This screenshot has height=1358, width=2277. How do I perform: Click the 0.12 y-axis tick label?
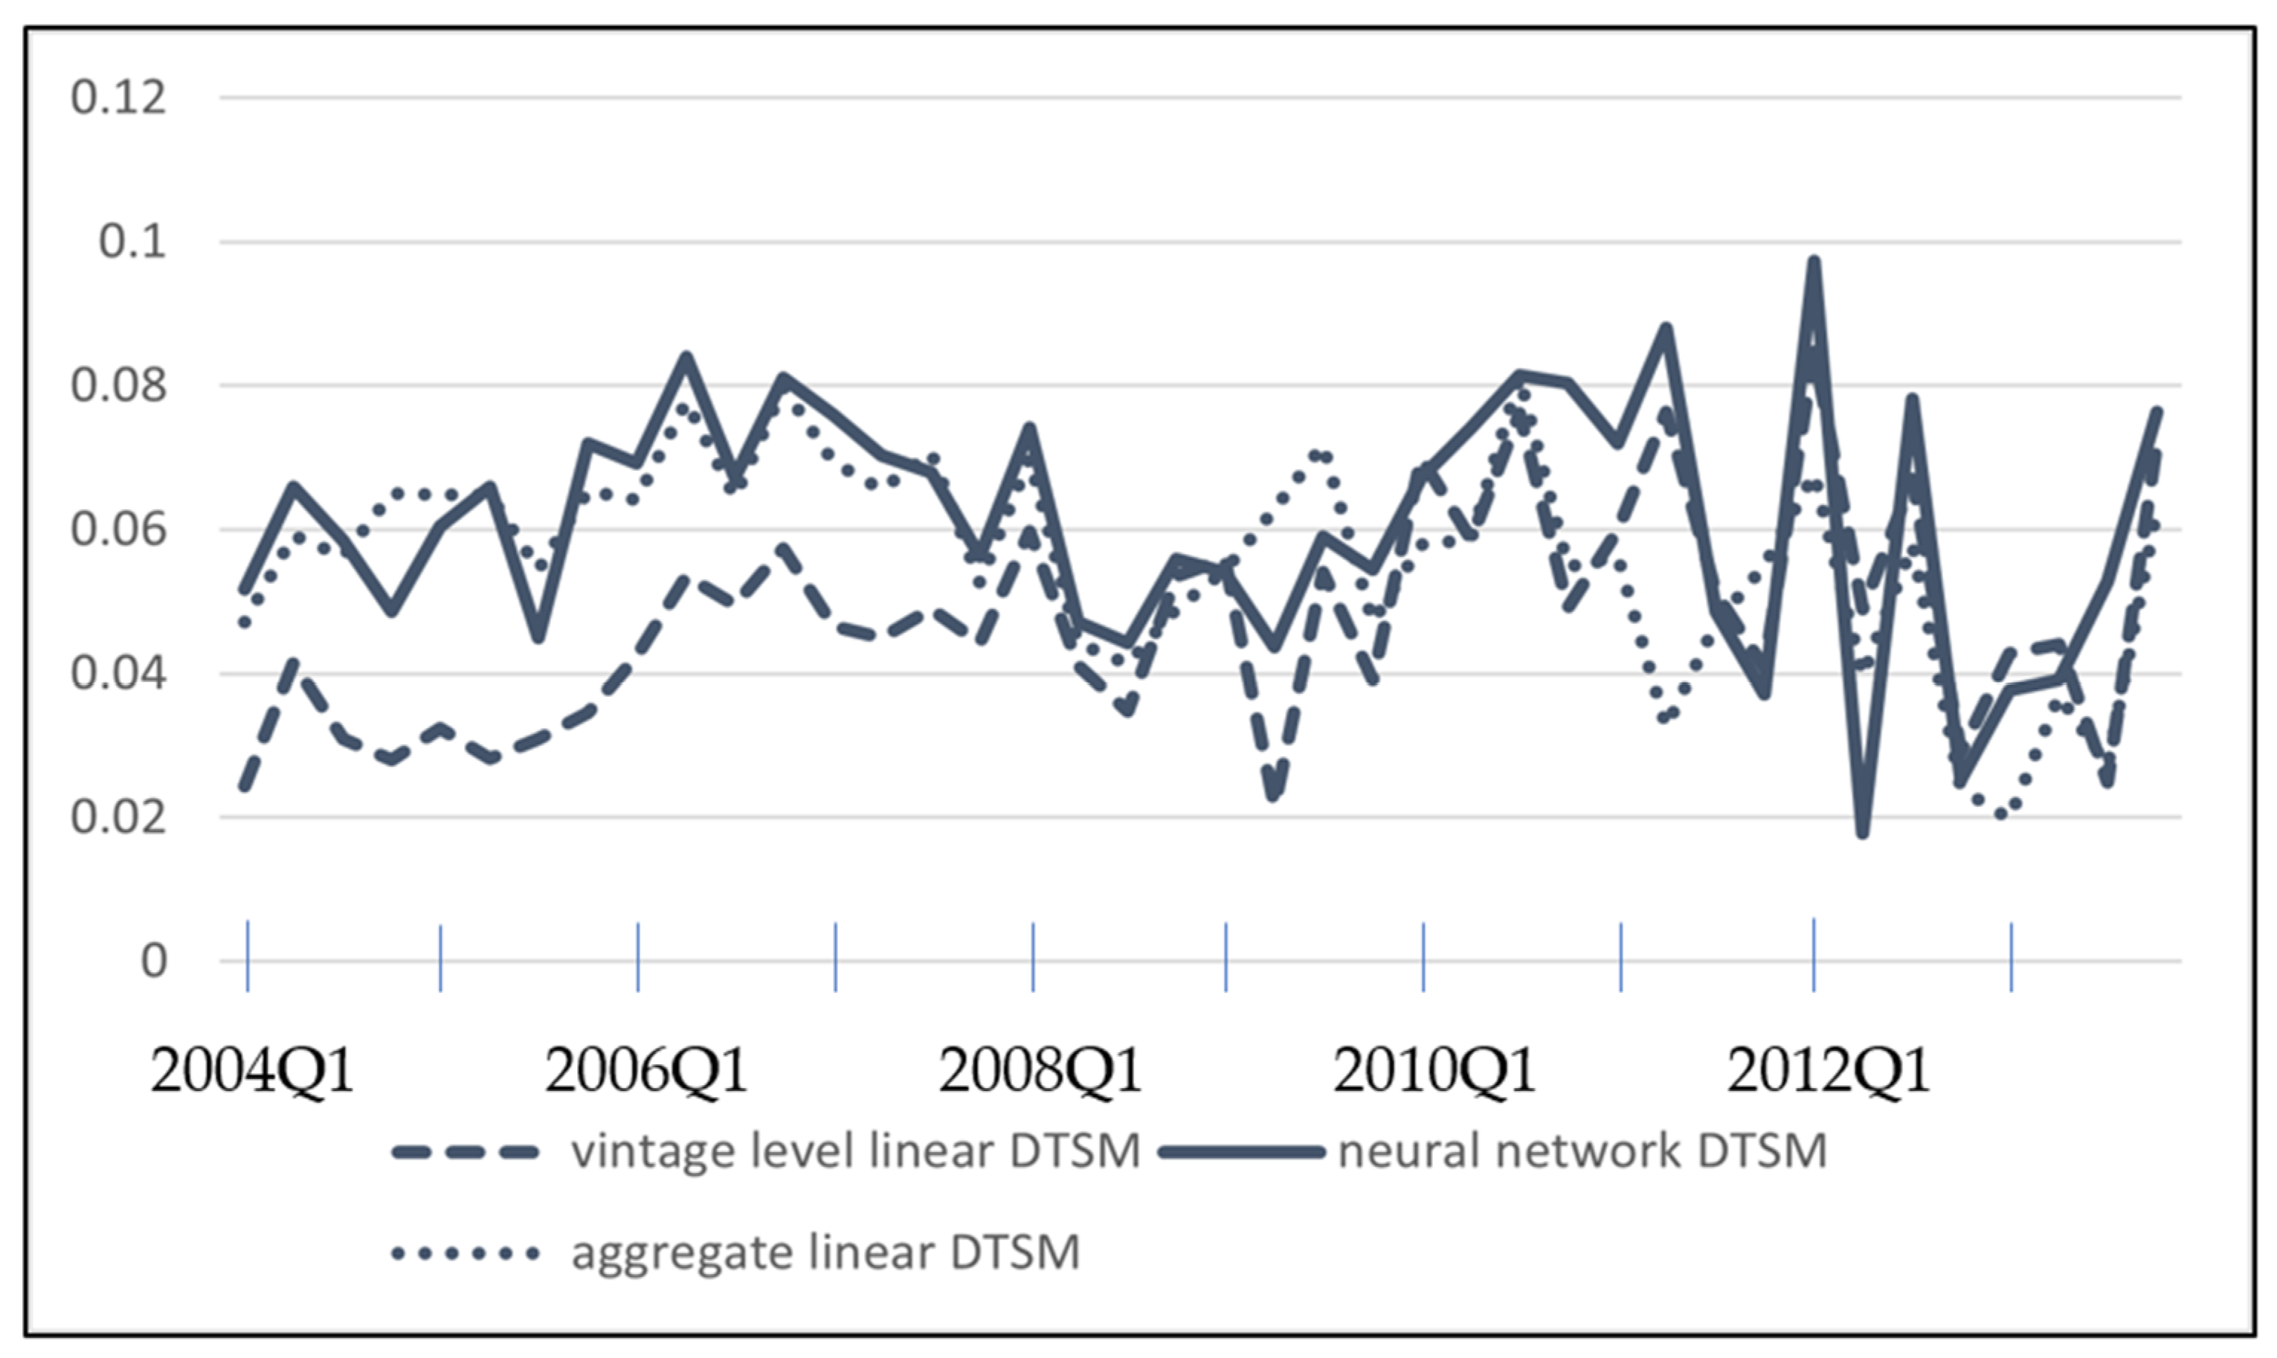point(119,97)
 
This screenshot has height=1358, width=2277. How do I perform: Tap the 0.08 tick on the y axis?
point(119,385)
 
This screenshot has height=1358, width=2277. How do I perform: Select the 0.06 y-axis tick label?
point(119,530)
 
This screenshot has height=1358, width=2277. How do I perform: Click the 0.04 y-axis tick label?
point(119,675)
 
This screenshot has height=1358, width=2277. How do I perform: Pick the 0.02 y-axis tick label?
point(119,817)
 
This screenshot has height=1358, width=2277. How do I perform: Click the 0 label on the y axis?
point(154,961)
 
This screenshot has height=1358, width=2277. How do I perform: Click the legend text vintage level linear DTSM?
point(855,1152)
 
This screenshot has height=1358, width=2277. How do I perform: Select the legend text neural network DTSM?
point(1582,1152)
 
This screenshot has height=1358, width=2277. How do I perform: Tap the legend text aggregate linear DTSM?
point(825,1252)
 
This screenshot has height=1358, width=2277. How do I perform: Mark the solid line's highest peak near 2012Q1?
point(1813,262)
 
